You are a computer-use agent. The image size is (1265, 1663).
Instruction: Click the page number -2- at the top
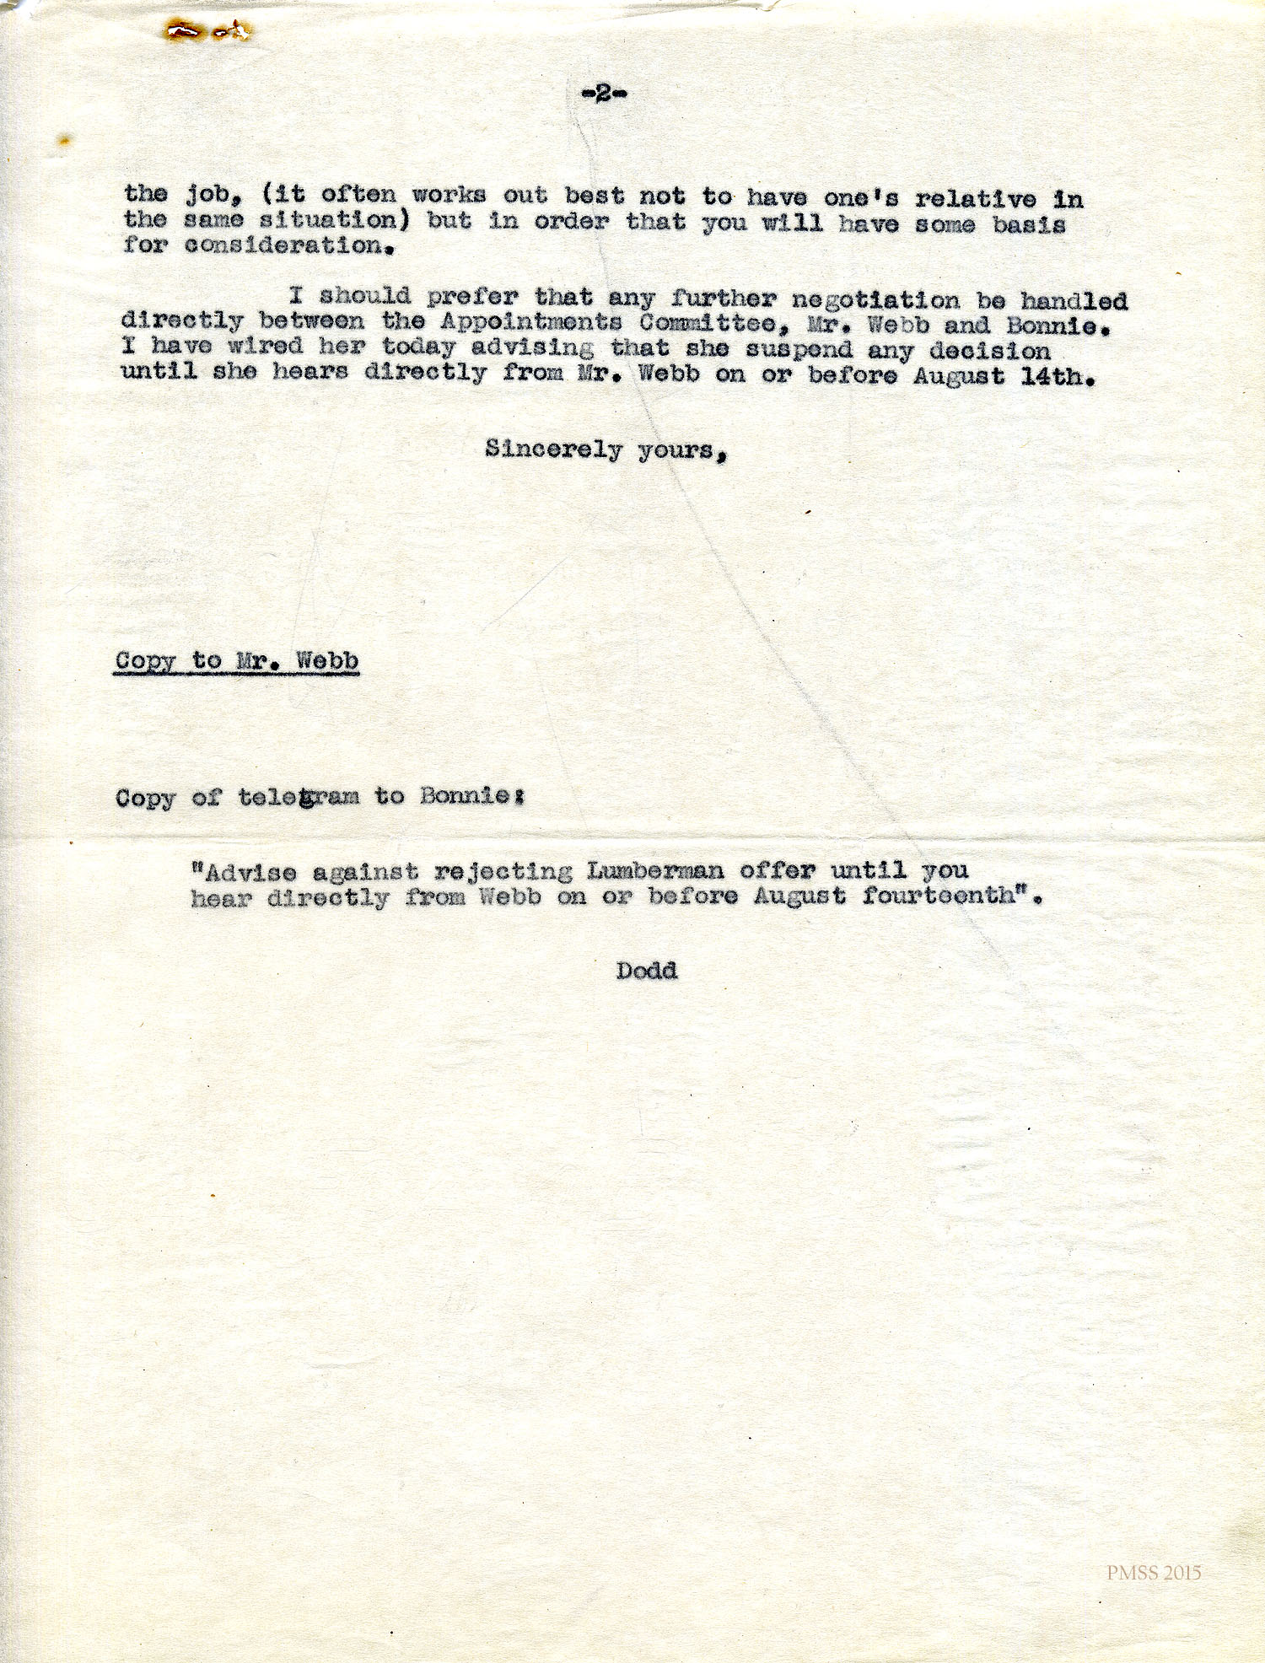(604, 94)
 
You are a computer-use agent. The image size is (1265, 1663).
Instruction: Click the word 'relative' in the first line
(976, 199)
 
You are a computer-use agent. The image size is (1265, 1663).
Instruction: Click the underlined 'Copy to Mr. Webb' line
(237, 661)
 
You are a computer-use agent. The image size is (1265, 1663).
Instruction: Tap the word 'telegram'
(299, 797)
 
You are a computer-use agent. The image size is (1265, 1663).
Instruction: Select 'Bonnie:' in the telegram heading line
(472, 796)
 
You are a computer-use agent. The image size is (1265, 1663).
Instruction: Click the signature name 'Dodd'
(647, 971)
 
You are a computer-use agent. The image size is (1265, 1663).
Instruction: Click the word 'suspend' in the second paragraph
(799, 350)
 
